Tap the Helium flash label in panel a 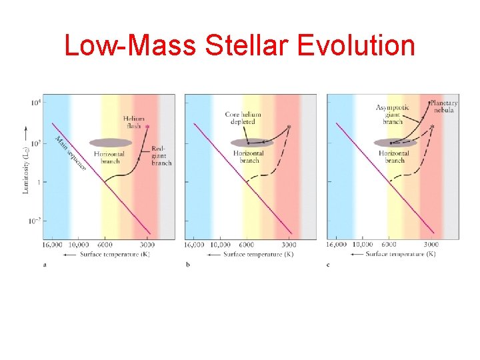[133, 122]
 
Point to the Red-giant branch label [161, 155]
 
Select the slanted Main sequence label [70, 153]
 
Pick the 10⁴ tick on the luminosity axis [35, 103]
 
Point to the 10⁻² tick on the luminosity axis [34, 221]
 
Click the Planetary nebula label [442, 107]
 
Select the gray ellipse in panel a [110, 142]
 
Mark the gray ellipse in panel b [251, 142]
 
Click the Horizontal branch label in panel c [393, 157]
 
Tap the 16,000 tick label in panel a [53, 245]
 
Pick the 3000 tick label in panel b [289, 245]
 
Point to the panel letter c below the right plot [328, 265]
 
